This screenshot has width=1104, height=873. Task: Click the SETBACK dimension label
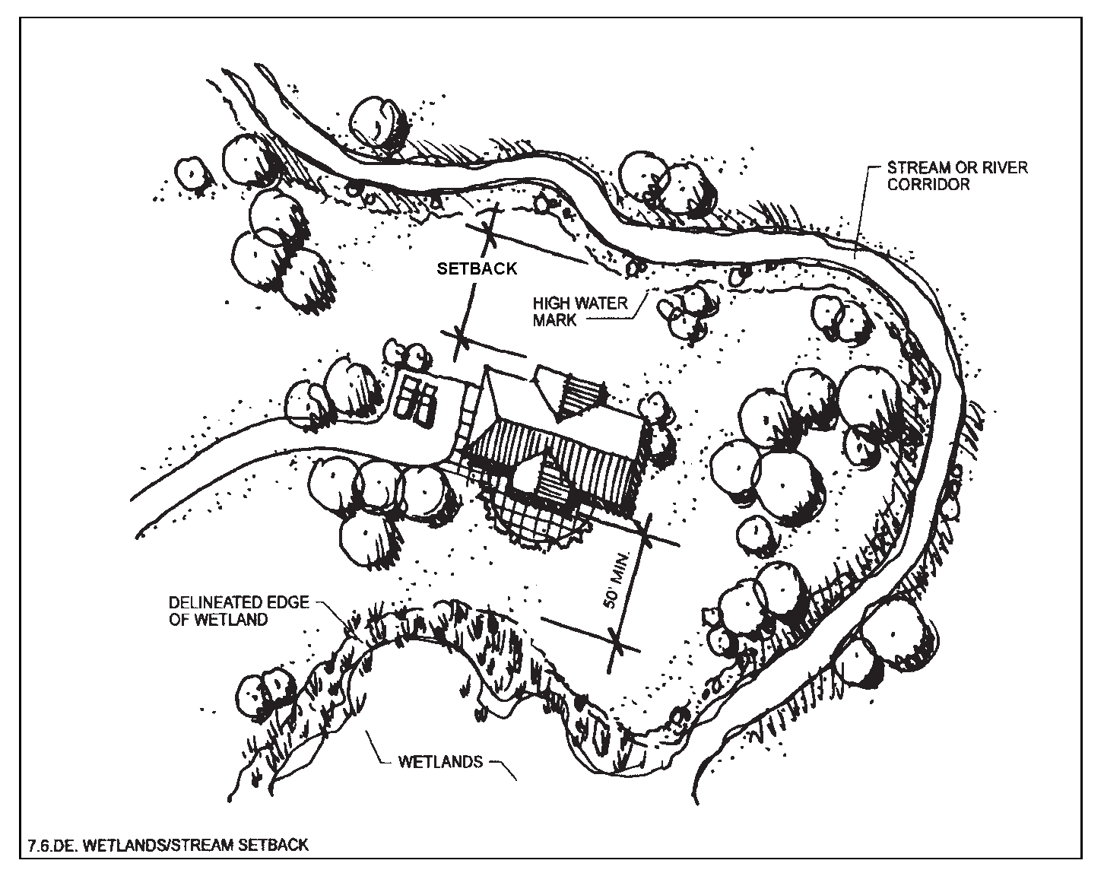pyautogui.click(x=477, y=268)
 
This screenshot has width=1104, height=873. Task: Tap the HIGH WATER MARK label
pyautogui.click(x=589, y=311)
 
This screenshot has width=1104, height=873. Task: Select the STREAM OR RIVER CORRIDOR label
pyautogui.click(x=956, y=175)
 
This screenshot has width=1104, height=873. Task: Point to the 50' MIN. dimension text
pyautogui.click(x=614, y=585)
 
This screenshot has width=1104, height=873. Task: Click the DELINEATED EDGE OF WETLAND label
pyautogui.click(x=239, y=611)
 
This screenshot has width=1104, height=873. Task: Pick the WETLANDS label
pyautogui.click(x=440, y=761)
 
